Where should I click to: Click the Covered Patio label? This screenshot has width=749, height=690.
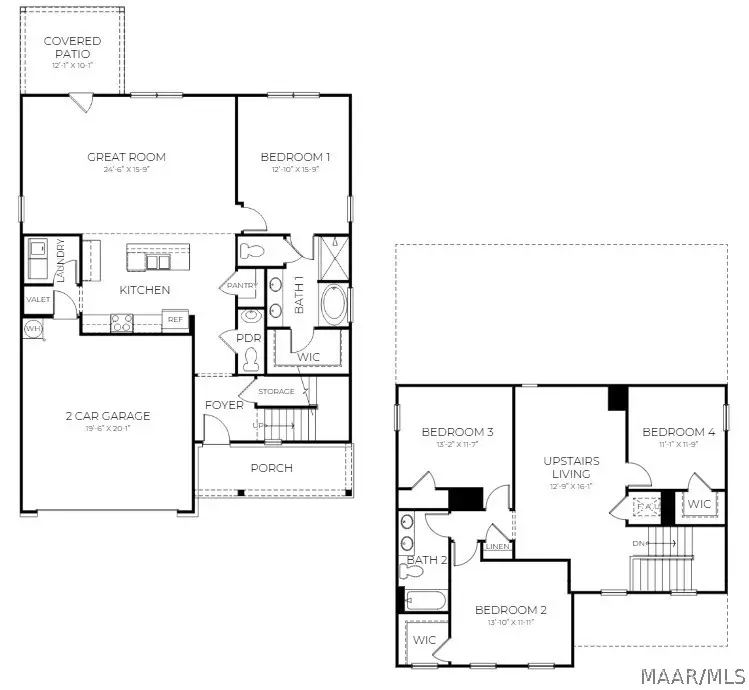pos(71,47)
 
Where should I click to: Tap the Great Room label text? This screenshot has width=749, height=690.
pos(126,157)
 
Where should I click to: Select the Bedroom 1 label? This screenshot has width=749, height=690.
pos(295,157)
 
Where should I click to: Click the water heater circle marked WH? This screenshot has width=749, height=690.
pos(31,329)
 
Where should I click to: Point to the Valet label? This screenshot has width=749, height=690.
pos(38,299)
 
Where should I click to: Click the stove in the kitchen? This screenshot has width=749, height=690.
pos(122,322)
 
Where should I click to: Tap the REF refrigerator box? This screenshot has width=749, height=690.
pos(176,320)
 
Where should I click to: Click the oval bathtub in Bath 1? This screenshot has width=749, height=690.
pos(333,305)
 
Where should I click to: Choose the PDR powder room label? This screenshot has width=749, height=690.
pos(248,338)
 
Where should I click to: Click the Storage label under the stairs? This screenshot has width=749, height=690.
pos(276,391)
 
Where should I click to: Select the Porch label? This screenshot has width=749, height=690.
pos(272,467)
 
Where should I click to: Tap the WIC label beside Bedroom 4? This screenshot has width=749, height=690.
pos(699,504)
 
